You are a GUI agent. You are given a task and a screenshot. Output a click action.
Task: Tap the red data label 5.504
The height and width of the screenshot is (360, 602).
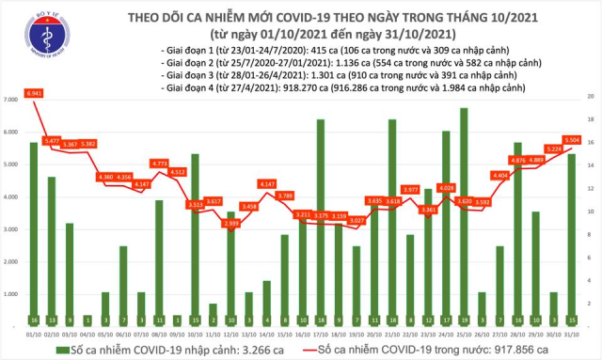pos(571,141)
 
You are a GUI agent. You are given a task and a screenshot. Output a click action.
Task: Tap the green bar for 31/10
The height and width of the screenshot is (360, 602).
pos(571,239)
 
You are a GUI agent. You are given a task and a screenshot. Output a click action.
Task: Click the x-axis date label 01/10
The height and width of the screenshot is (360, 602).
pos(34,332)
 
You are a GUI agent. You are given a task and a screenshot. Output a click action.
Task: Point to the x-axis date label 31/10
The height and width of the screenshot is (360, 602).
pos(571,332)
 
